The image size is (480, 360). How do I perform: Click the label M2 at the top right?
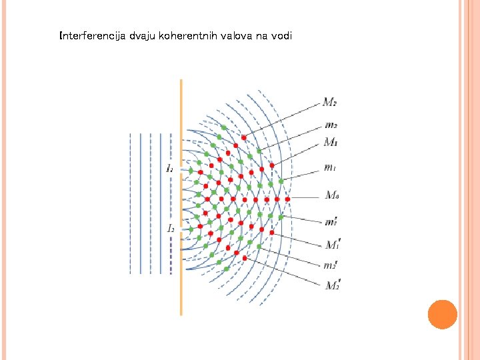[x=329, y=102]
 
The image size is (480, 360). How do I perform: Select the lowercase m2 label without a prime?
[x=331, y=125]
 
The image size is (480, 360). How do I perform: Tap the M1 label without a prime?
[x=330, y=141]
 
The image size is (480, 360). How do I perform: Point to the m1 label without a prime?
[x=329, y=167]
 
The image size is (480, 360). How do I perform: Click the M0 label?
[x=332, y=195]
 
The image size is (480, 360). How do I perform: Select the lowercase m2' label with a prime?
[x=331, y=265]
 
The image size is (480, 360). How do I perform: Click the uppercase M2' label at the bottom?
[x=332, y=285]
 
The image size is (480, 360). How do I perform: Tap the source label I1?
[x=171, y=169]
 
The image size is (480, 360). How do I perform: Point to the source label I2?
[x=171, y=228]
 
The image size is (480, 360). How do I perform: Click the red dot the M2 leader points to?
[x=244, y=137]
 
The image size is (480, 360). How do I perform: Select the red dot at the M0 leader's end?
[x=287, y=199]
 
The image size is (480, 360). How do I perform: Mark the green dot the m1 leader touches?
[x=281, y=181]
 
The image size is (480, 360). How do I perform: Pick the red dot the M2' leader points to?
[x=245, y=257]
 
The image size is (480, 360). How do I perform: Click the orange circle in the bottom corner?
[x=442, y=315]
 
